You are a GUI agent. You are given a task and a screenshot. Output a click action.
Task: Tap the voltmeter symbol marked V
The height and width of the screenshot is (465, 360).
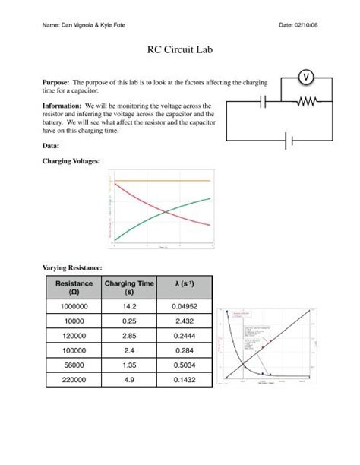[x=305, y=77]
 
